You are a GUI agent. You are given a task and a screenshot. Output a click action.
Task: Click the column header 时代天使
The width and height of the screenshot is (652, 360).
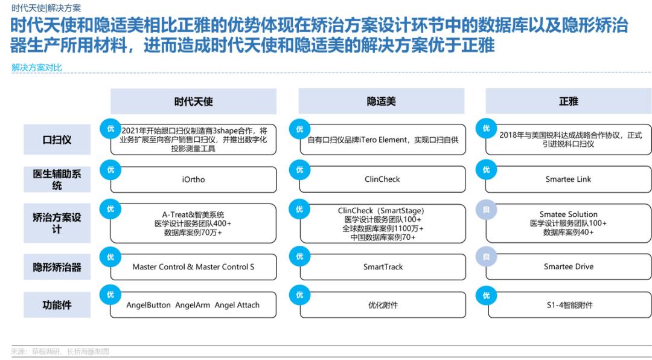[x=193, y=101]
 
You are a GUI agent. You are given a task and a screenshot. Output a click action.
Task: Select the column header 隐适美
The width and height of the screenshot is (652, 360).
[x=382, y=101]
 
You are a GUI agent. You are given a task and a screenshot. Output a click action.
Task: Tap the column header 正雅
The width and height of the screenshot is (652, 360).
[x=569, y=101]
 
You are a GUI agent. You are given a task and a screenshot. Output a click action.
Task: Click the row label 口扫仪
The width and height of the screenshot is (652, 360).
[x=57, y=140]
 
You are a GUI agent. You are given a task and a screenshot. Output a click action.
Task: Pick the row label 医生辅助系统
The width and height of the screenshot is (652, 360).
[x=57, y=179]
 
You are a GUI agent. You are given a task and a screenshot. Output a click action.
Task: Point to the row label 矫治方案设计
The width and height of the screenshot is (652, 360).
[x=57, y=223]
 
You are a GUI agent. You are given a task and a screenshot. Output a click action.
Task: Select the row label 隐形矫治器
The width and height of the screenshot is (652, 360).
[x=57, y=267]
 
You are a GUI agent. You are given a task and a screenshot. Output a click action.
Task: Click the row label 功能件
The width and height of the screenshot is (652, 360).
[x=57, y=305]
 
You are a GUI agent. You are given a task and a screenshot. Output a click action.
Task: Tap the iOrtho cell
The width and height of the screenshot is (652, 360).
[x=193, y=179]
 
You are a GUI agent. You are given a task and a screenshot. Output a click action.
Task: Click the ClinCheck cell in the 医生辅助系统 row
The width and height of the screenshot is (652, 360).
[x=382, y=179]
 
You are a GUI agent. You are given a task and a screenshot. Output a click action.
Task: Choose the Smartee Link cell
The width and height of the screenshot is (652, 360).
[x=569, y=179]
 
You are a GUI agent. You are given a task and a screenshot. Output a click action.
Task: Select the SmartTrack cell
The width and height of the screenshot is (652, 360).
[x=382, y=267]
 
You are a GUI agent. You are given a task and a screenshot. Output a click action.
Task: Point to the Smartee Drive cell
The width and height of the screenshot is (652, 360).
[x=569, y=267]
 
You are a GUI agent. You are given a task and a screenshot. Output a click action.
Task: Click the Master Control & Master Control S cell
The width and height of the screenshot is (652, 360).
[x=193, y=267]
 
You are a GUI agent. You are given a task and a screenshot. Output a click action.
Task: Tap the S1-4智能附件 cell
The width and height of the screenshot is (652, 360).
[x=569, y=305]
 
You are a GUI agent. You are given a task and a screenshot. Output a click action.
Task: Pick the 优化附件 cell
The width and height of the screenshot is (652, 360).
[x=382, y=305]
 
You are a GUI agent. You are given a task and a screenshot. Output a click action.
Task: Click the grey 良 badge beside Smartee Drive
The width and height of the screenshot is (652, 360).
[x=486, y=257]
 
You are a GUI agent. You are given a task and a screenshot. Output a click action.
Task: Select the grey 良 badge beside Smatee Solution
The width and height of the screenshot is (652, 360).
[x=486, y=210]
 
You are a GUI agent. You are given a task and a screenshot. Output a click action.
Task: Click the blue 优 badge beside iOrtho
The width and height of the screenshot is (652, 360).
[x=110, y=170]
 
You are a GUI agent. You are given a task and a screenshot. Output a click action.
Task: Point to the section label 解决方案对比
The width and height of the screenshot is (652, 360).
[x=37, y=68]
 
